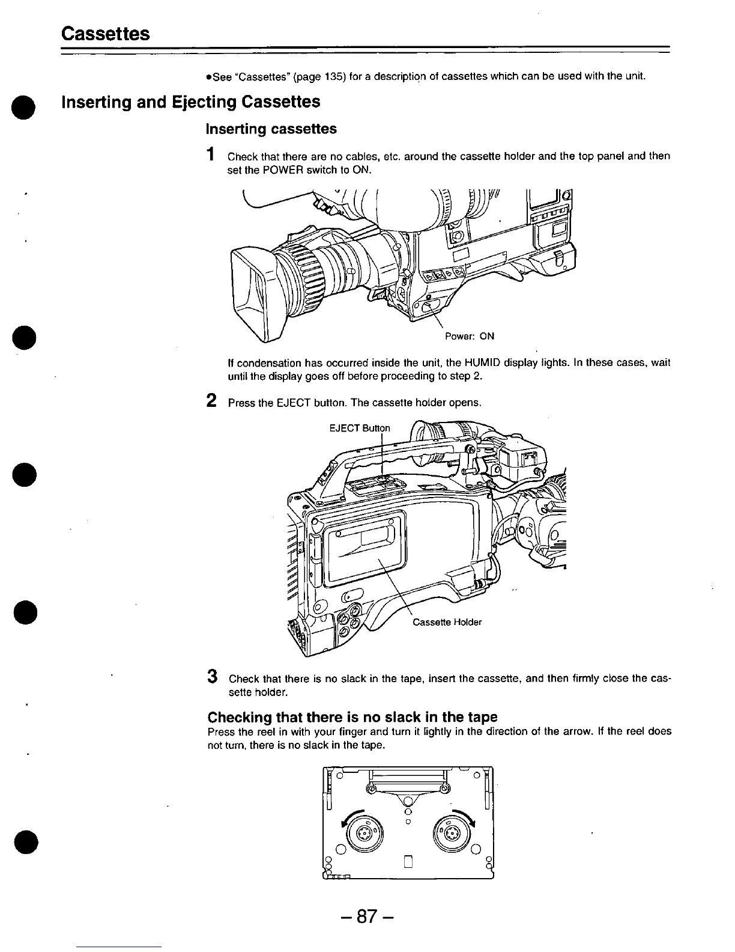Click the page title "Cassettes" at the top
point(106,33)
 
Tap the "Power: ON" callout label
point(469,337)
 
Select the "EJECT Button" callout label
point(360,428)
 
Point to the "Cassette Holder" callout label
point(447,622)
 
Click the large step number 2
point(211,400)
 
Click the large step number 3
point(211,676)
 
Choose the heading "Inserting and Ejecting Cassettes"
point(191,102)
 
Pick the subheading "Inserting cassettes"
point(271,129)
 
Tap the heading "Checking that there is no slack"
point(352,717)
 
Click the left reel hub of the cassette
point(363,834)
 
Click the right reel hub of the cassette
point(452,834)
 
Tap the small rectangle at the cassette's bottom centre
point(408,864)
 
